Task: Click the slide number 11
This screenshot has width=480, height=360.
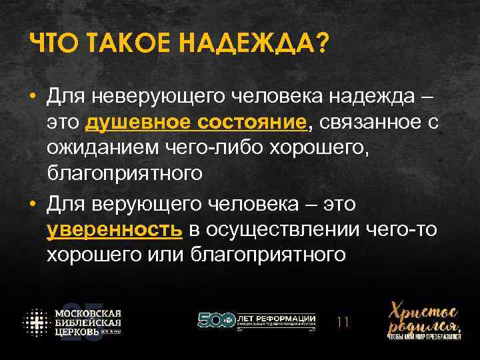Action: (x=344, y=323)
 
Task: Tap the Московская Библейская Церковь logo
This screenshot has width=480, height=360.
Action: (x=73, y=323)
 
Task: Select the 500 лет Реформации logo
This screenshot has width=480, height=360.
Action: (x=257, y=321)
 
